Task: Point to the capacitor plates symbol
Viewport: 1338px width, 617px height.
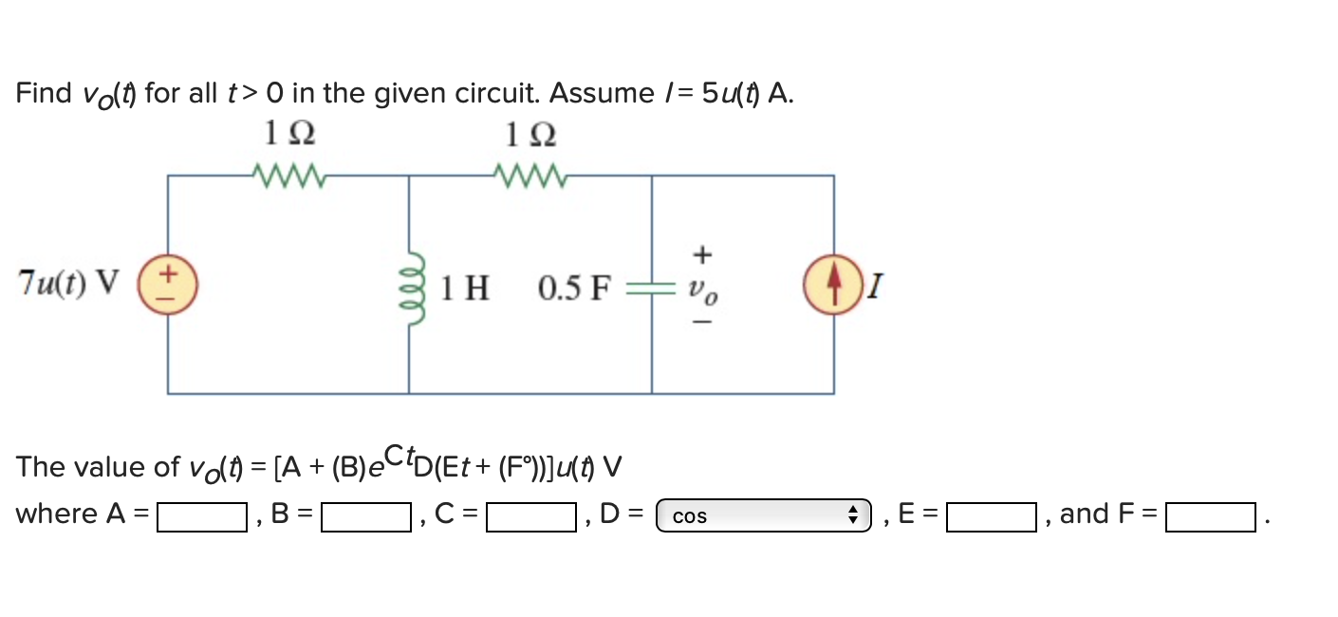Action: click(x=651, y=286)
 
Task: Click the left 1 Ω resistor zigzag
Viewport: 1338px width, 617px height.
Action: click(x=289, y=175)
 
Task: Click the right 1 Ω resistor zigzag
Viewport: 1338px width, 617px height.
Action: click(x=530, y=175)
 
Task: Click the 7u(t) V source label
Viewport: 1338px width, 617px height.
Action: click(x=68, y=283)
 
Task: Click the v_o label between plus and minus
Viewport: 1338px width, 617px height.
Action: click(x=703, y=290)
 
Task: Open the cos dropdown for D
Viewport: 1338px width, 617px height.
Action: click(x=763, y=516)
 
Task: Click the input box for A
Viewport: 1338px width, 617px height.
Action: click(x=202, y=517)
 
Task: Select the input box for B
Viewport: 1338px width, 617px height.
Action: click(x=365, y=517)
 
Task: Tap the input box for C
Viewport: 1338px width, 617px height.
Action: click(x=530, y=517)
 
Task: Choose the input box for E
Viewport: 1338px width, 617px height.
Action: click(x=991, y=517)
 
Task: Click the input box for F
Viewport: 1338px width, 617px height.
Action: click(x=1210, y=517)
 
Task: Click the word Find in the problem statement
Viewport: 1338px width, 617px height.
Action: click(x=44, y=93)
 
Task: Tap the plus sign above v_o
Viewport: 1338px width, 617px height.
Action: click(x=702, y=254)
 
